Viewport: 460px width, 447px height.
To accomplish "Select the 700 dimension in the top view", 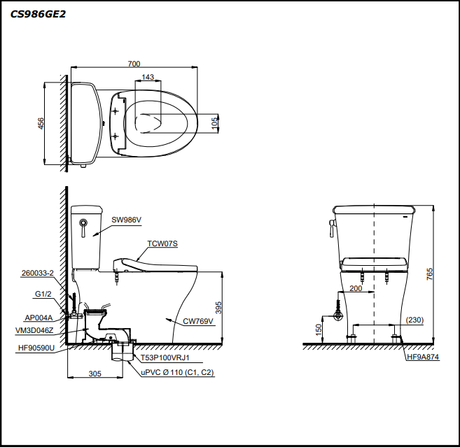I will (x=134, y=64).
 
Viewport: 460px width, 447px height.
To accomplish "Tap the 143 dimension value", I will (x=148, y=77).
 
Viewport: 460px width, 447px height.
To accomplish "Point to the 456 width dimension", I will (x=41, y=123).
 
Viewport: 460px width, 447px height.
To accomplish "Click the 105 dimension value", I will (x=215, y=123).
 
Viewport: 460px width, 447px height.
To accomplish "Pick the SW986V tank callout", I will (x=127, y=220).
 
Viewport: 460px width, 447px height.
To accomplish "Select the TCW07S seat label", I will (x=162, y=243).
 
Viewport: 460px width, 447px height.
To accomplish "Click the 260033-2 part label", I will (x=38, y=273).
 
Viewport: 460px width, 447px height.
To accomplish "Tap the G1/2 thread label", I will (x=43, y=295).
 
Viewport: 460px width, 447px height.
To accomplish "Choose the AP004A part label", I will (x=39, y=317).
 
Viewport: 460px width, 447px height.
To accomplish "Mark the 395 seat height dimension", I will (x=218, y=308).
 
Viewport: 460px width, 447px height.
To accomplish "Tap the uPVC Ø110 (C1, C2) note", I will (x=177, y=373).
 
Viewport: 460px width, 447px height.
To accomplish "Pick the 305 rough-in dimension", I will (x=95, y=374).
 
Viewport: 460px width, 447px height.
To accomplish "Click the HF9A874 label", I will (x=423, y=357).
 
